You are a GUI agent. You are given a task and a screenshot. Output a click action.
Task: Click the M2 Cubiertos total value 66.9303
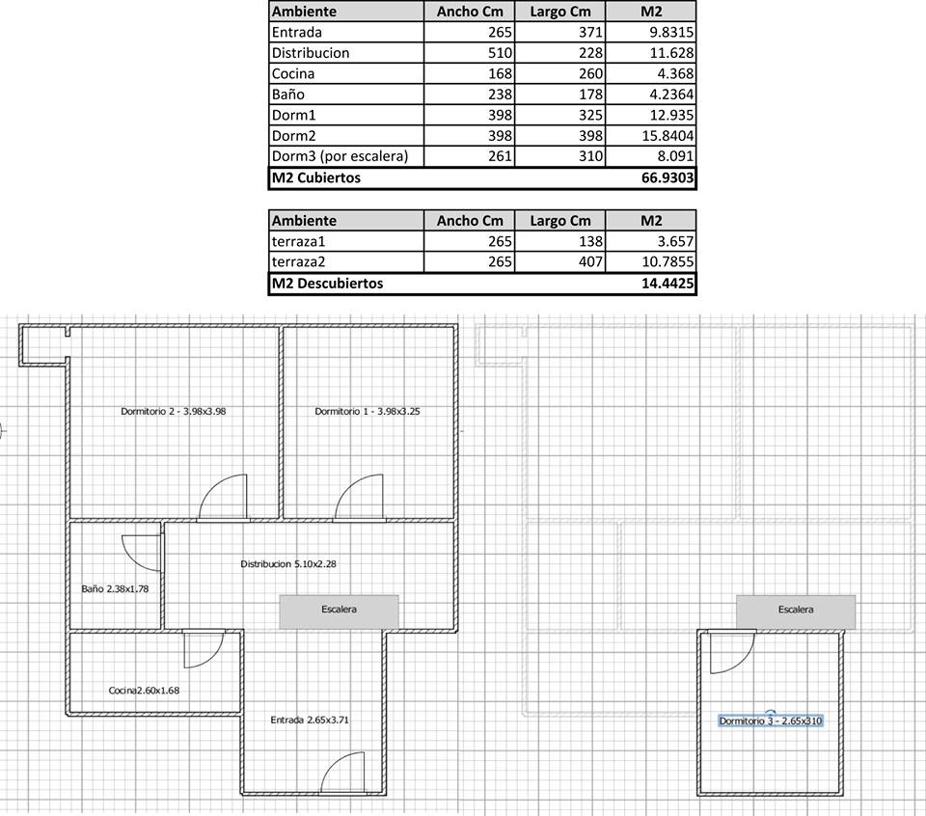click(x=667, y=177)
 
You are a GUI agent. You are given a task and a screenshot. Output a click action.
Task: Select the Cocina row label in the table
click(x=293, y=74)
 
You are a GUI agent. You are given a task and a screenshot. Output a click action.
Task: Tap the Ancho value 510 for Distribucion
click(x=500, y=53)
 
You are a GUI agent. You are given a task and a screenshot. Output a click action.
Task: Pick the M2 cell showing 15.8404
click(x=667, y=136)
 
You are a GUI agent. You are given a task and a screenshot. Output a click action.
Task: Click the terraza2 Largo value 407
click(x=590, y=261)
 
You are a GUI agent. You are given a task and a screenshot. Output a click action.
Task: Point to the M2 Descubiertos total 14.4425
click(x=667, y=284)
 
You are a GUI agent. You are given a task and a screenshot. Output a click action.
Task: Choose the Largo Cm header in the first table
click(x=559, y=12)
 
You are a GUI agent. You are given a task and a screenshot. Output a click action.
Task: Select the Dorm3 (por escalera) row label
click(x=340, y=156)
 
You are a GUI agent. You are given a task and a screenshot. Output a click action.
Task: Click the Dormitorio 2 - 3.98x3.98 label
click(x=173, y=411)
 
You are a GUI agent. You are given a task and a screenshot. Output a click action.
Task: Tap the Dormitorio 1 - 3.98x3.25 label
click(x=368, y=411)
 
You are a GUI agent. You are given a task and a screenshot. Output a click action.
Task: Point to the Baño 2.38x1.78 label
click(x=115, y=588)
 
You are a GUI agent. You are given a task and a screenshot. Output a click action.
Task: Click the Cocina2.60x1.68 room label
click(x=144, y=691)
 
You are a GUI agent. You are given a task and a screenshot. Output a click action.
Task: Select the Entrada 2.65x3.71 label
click(x=310, y=720)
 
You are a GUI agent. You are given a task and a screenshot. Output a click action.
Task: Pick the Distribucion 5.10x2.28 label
click(x=288, y=564)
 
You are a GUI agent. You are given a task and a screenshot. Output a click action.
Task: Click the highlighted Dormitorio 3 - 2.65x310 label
click(x=771, y=721)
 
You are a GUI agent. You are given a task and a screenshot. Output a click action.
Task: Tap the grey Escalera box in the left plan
click(x=339, y=612)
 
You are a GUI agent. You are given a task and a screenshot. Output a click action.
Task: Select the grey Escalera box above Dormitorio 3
click(x=796, y=612)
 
